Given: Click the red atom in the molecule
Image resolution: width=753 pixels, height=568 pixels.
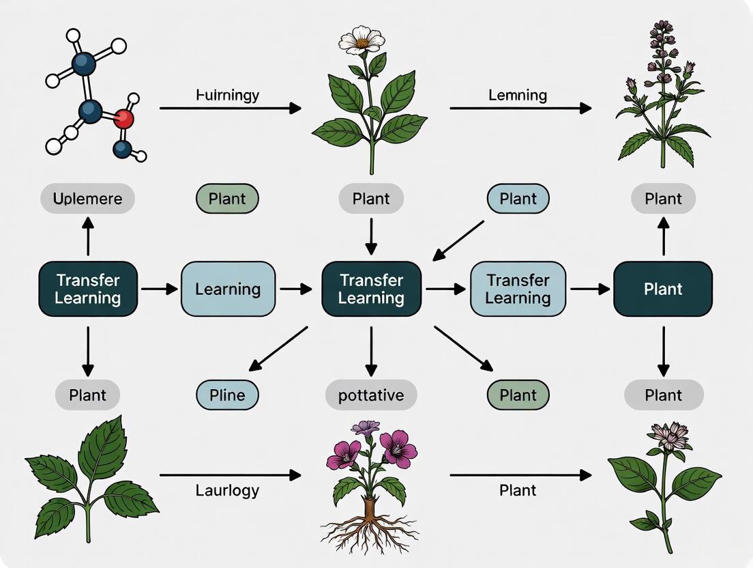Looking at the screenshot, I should tap(123, 119).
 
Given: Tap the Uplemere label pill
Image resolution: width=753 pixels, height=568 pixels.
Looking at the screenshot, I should tap(87, 199).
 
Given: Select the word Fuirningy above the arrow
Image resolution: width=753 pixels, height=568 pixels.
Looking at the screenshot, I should tap(227, 95).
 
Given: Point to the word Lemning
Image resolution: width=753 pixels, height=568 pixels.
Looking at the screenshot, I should tap(518, 95).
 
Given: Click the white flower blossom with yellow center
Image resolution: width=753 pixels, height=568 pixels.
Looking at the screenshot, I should tap(363, 41).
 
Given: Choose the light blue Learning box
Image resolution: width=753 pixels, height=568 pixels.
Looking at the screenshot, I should tap(228, 289).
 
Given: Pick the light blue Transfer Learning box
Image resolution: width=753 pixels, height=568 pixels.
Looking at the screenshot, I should tap(518, 289).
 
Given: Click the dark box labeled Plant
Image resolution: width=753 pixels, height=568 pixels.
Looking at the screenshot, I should tap(663, 289).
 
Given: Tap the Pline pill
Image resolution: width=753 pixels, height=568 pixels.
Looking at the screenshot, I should tap(227, 395).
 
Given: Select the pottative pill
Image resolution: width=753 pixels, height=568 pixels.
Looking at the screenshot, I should tap(371, 395).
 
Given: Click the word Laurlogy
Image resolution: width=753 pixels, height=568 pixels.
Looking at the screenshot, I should tap(227, 490).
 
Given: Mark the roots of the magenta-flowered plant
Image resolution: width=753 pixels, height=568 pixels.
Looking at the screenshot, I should tap(369, 529).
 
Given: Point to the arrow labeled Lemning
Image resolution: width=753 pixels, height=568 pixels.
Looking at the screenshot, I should tap(520, 108).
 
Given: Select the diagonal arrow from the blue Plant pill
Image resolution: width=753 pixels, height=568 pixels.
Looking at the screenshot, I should tap(458, 240).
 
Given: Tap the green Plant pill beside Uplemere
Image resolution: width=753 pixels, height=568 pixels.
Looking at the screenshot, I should tap(227, 199).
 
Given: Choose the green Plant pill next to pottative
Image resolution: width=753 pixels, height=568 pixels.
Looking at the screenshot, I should tap(518, 395).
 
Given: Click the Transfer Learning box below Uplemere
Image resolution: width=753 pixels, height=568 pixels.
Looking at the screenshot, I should tap(88, 289).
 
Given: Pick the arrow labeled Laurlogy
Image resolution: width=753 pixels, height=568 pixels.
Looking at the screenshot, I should tap(230, 474).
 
